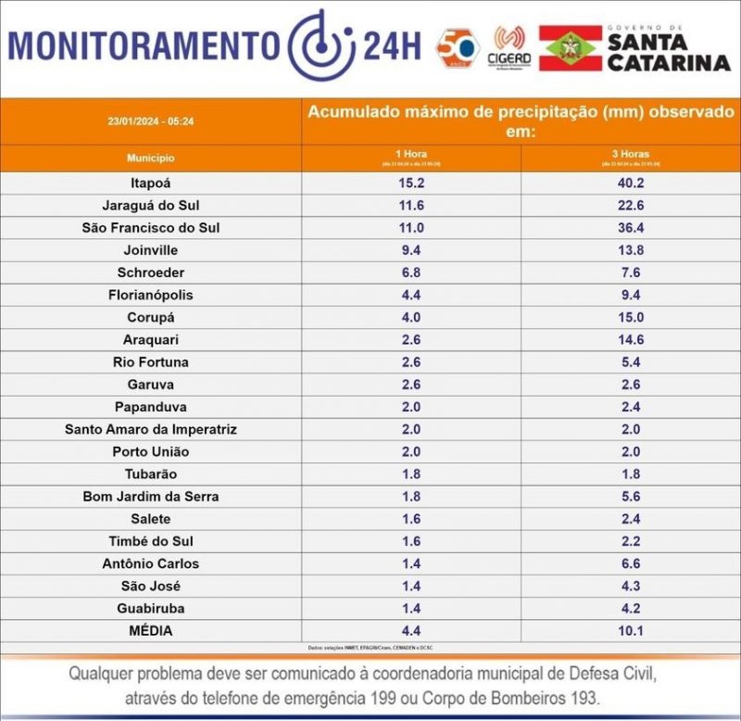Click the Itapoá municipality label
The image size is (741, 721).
[x=150, y=183]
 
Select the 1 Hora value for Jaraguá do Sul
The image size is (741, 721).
[x=411, y=205]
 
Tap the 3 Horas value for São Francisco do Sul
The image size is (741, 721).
[x=631, y=227]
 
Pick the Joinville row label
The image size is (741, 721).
[x=150, y=250]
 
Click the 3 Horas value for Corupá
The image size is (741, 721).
[x=631, y=317]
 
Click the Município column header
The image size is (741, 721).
[x=150, y=158]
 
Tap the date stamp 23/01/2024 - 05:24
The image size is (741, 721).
[x=150, y=121]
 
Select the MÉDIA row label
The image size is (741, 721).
[x=150, y=631]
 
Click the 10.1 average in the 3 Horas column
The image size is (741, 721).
[x=631, y=631]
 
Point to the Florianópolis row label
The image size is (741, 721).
[x=150, y=295]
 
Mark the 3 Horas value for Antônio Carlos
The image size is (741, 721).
[x=631, y=563]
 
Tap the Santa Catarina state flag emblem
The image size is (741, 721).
[x=571, y=48]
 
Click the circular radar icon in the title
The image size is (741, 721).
[x=319, y=44]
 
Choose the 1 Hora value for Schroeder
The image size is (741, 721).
[x=411, y=272]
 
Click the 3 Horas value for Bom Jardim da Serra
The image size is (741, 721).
[x=631, y=497]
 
